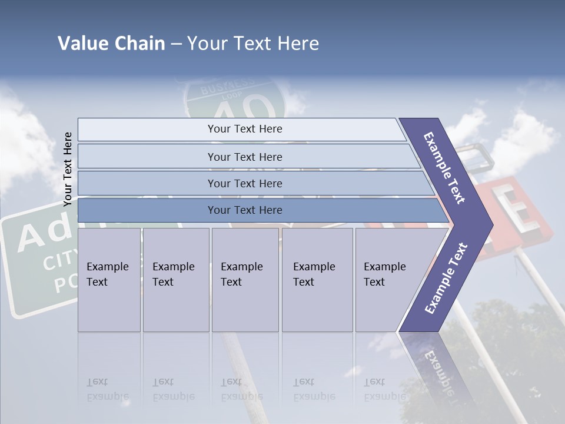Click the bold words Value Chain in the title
[x=111, y=44]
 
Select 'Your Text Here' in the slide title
[x=253, y=44]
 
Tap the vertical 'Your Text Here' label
[x=68, y=169]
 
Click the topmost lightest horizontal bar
[x=245, y=129]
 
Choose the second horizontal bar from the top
[x=245, y=157]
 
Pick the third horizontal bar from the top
[x=245, y=183]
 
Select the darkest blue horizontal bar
[x=245, y=210]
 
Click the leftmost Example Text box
[x=109, y=280]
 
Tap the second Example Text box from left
[x=175, y=280]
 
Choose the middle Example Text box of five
[x=245, y=280]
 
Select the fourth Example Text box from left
[x=317, y=280]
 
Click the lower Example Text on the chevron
[x=446, y=278]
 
